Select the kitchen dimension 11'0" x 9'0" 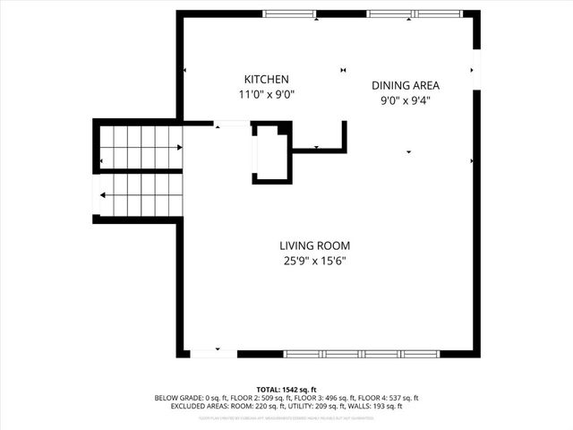click(266, 94)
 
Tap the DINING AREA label click(406, 86)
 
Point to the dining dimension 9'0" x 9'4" click(406, 101)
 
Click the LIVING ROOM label click(313, 245)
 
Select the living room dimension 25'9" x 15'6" click(313, 261)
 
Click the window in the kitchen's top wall click(289, 13)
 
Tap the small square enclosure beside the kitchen click(271, 154)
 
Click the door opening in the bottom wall click(214, 354)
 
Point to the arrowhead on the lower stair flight click(105, 194)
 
